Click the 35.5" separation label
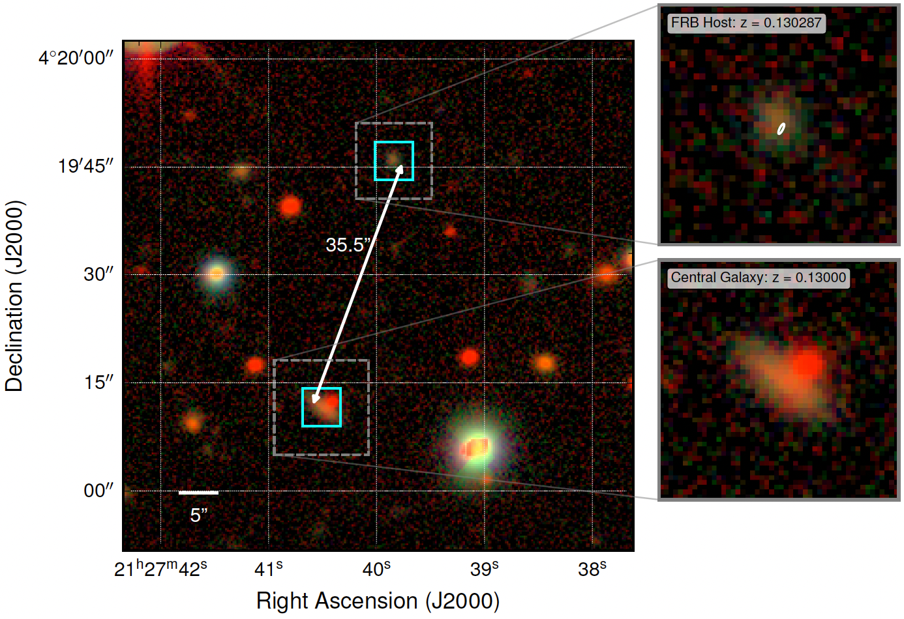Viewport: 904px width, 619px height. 348,245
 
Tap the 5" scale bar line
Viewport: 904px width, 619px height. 198,493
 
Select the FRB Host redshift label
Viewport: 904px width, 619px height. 746,23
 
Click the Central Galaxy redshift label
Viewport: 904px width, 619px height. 759,278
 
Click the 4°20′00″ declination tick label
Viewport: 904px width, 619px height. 76,58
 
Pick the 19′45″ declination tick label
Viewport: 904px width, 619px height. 85,166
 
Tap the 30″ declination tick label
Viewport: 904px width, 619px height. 98,274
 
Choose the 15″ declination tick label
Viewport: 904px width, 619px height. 98,382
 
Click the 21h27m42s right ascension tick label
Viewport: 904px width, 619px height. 160,569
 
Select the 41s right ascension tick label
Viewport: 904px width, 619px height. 269,569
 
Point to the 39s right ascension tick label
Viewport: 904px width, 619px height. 485,569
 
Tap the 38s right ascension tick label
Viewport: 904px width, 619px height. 592,569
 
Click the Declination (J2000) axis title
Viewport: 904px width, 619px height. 14,296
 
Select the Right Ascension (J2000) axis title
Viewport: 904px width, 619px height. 378,601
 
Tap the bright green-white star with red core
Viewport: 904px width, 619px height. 477,447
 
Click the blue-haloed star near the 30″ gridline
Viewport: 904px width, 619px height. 217,274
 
